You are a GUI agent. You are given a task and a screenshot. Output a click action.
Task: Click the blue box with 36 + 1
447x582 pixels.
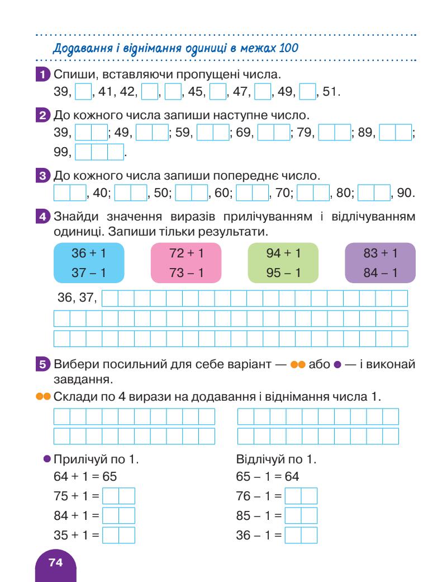coord(88,262)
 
